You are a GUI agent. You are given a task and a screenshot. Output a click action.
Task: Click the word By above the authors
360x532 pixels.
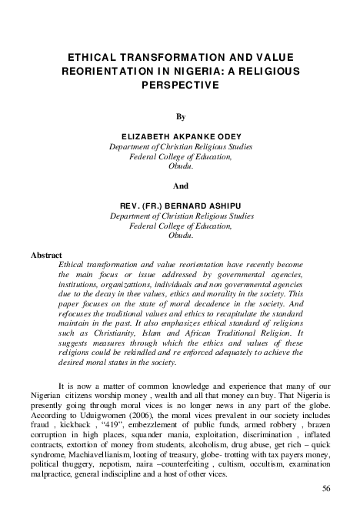coord(181,118)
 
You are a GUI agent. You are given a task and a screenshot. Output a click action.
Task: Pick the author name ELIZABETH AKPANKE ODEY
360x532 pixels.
coord(180,135)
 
